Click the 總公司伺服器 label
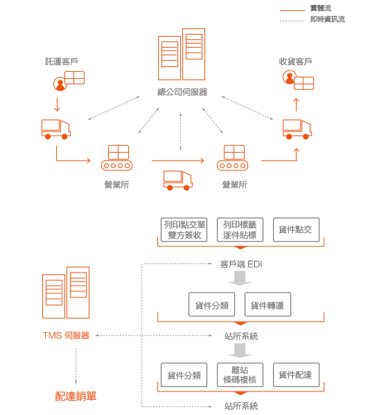pyautogui.click(x=182, y=92)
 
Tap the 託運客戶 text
pyautogui.click(x=61, y=62)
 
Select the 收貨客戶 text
pyautogui.click(x=295, y=62)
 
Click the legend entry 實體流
pyautogui.click(x=321, y=8)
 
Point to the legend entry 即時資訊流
pyautogui.click(x=328, y=19)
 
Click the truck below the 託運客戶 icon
pyautogui.click(x=56, y=129)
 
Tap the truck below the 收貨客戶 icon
pyautogui.click(x=297, y=129)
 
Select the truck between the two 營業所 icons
pyautogui.click(x=178, y=181)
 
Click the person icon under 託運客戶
pyautogui.click(x=60, y=84)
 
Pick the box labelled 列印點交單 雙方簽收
pyautogui.click(x=184, y=230)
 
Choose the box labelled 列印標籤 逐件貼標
pyautogui.click(x=240, y=230)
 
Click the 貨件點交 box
pyautogui.click(x=296, y=230)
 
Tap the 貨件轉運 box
pyautogui.click(x=268, y=304)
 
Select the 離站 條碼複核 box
pyautogui.click(x=240, y=375)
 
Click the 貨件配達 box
pyautogui.click(x=296, y=375)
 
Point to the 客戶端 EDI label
pyautogui.click(x=241, y=264)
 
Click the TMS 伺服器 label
pyautogui.click(x=66, y=335)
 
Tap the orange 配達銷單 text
pyautogui.click(x=76, y=396)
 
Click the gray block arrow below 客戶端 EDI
pyautogui.click(x=240, y=278)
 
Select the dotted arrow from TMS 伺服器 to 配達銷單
pyautogui.click(x=76, y=366)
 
